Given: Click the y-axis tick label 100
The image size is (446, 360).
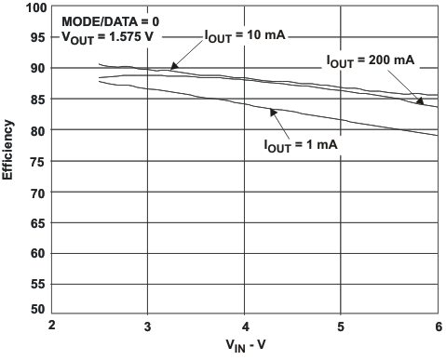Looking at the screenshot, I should [x=35, y=7].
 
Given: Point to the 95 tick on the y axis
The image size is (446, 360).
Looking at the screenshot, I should [x=38, y=38].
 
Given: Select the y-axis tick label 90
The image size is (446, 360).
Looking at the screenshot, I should [x=38, y=69].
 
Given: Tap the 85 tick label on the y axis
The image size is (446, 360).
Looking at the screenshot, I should [x=38, y=100].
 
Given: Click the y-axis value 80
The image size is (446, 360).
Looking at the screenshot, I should [x=38, y=130].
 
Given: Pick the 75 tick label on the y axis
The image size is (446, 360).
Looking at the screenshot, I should [x=38, y=161].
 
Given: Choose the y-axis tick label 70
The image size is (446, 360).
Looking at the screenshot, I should [x=38, y=192].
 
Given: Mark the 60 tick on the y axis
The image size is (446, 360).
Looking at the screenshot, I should [x=38, y=253].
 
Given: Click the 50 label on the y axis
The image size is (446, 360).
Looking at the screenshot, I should [x=38, y=309].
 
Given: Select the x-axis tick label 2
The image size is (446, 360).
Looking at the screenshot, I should [x=52, y=325].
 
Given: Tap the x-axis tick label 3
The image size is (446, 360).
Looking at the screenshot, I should [x=148, y=325].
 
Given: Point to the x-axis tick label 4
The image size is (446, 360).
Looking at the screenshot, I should [x=244, y=325].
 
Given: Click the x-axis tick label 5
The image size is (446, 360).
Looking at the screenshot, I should [x=341, y=325].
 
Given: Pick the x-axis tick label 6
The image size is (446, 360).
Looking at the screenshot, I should [x=438, y=325].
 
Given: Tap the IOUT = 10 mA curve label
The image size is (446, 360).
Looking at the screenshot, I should [x=244, y=35].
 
